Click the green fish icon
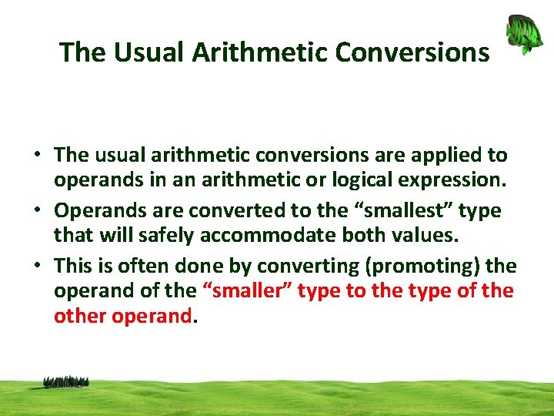(523, 35)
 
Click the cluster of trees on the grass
(66, 381)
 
